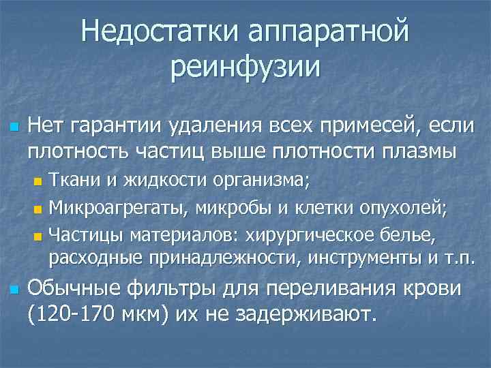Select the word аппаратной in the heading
329,32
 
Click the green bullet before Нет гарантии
12,127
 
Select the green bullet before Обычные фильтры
12,290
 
